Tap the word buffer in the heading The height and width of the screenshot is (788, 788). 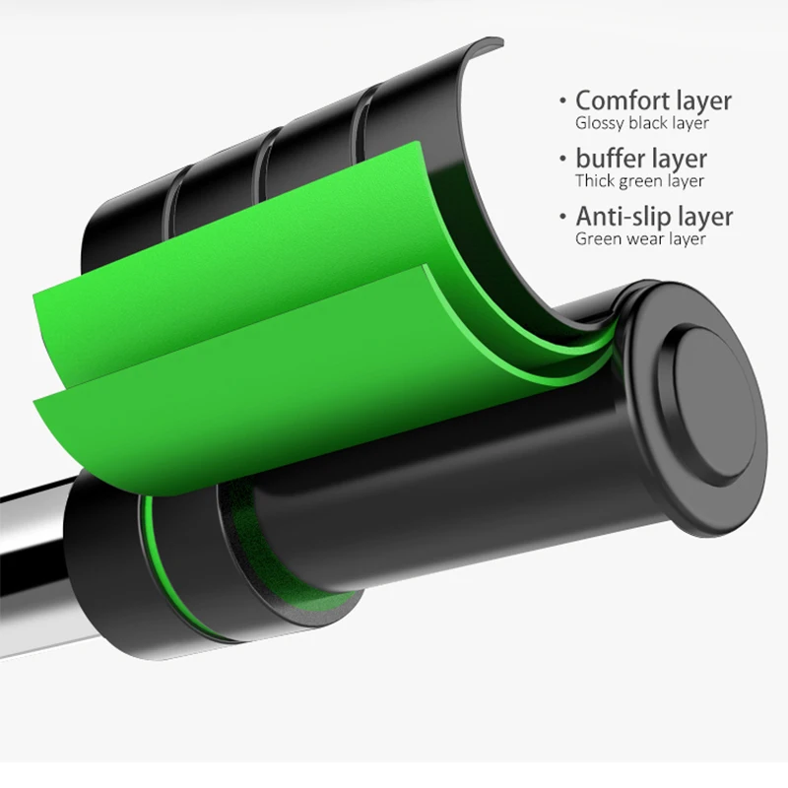pyautogui.click(x=614, y=159)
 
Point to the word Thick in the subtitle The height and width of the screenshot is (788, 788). pyautogui.click(x=594, y=181)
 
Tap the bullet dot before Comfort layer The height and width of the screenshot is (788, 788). pyautogui.click(x=562, y=101)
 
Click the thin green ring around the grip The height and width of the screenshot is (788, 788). pyautogui.click(x=155, y=552)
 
